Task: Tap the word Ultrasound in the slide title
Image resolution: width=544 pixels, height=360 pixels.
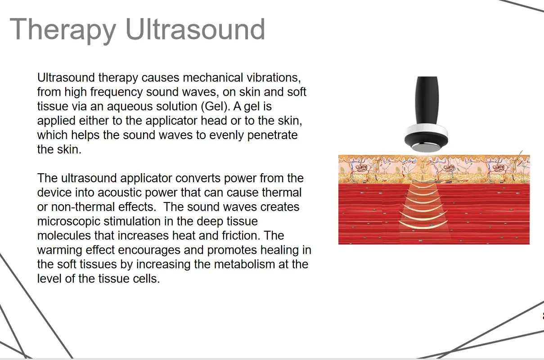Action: (x=195, y=29)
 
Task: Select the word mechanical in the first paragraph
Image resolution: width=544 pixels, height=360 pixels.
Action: (x=213, y=77)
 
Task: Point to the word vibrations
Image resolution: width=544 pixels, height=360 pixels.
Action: (x=274, y=77)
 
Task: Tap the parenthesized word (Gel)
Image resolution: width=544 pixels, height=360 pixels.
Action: (x=216, y=106)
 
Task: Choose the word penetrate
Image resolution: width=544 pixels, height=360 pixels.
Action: (x=273, y=135)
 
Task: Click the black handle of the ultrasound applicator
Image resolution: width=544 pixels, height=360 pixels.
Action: (x=427, y=100)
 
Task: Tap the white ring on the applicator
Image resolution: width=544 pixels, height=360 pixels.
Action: (x=426, y=130)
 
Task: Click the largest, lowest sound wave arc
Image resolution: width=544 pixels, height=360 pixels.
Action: (x=423, y=225)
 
